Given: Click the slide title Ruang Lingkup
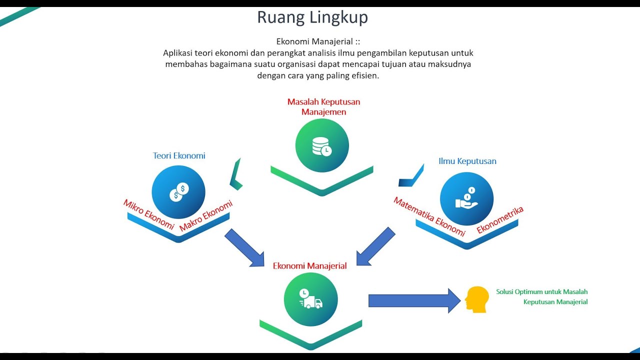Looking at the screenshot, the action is pyautogui.click(x=312, y=17).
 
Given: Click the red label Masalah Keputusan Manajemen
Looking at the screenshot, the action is pyautogui.click(x=323, y=106).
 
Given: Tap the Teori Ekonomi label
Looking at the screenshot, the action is pyautogui.click(x=179, y=155).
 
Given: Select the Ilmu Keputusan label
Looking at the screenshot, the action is pyautogui.click(x=467, y=161).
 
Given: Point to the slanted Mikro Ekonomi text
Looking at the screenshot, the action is pyautogui.click(x=149, y=214).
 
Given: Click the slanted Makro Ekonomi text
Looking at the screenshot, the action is pyautogui.click(x=206, y=215).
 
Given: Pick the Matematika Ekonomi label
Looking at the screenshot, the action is pyautogui.click(x=429, y=216).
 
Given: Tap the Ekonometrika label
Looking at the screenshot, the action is pyautogui.click(x=500, y=220).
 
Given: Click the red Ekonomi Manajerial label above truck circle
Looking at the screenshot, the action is pyautogui.click(x=309, y=266).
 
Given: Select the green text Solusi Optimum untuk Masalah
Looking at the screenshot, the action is pyautogui.click(x=541, y=291).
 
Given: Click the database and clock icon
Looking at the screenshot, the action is pyautogui.click(x=322, y=146).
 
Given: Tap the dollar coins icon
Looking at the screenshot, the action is pyautogui.click(x=179, y=192).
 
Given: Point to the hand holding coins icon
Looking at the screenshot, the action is pyautogui.click(x=466, y=198).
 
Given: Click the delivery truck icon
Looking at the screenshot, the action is pyautogui.click(x=310, y=298).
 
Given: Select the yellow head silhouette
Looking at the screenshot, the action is pyautogui.click(x=476, y=299).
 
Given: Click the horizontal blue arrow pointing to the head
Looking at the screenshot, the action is pyautogui.click(x=414, y=300).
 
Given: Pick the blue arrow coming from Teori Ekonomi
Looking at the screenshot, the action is pyautogui.click(x=244, y=247).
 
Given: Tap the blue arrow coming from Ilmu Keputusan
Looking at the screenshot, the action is pyautogui.click(x=376, y=246).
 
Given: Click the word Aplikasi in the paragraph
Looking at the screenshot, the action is pyautogui.click(x=177, y=53).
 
